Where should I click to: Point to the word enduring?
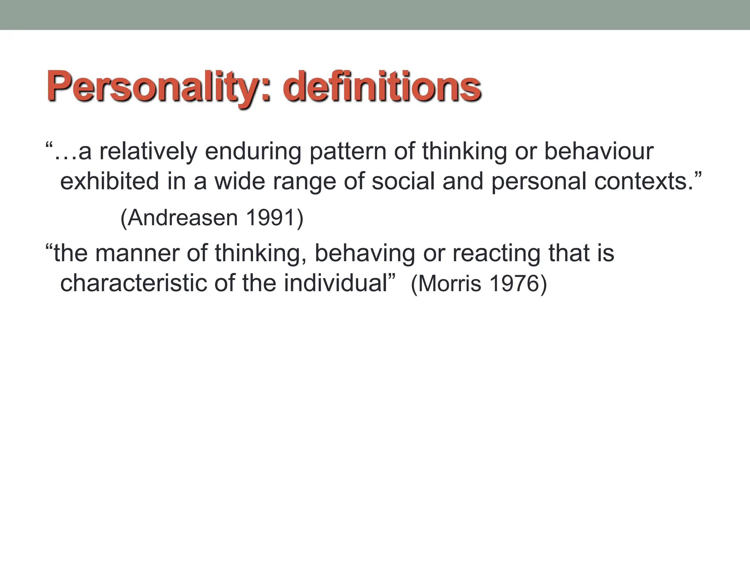pyautogui.click(x=253, y=152)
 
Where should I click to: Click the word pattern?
pyautogui.click(x=348, y=152)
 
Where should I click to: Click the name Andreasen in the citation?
pyautogui.click(x=183, y=218)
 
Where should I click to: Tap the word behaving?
pyautogui.click(x=364, y=254)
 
